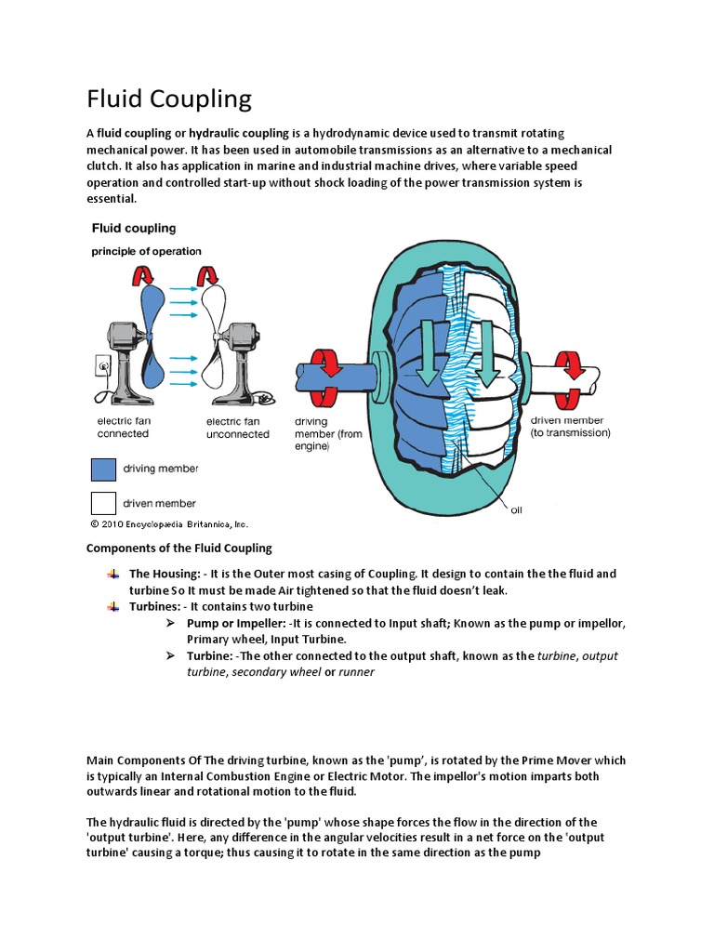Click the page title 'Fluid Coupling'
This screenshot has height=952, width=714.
tap(168, 99)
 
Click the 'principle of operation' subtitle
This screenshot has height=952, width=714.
tap(145, 251)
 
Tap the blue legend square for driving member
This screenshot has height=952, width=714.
tap(103, 469)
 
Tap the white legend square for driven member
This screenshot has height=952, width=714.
tap(103, 503)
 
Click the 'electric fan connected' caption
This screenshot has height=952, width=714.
tap(123, 428)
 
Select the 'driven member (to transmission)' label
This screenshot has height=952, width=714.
tap(570, 427)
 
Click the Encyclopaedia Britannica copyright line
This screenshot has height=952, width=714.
tap(169, 524)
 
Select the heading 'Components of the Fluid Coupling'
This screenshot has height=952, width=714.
tap(178, 549)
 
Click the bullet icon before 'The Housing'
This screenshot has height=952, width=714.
tap(113, 575)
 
